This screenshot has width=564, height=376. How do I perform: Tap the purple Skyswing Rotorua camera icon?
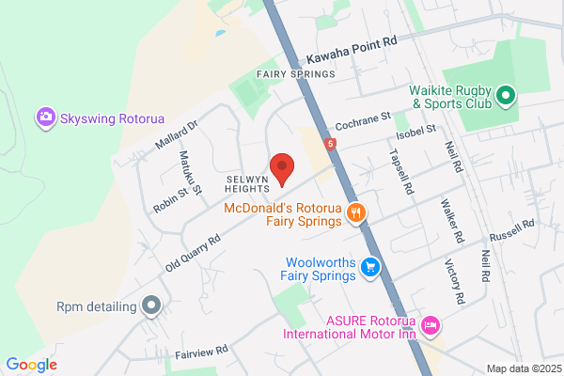pyautogui.click(x=44, y=117)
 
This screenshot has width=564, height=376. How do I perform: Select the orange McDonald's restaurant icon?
pyautogui.click(x=354, y=212)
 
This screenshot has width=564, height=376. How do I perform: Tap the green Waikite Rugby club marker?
pyautogui.click(x=506, y=95)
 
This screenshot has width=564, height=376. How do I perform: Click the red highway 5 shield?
pyautogui.click(x=330, y=145)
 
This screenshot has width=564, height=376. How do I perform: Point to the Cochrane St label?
pyautogui.click(x=363, y=120)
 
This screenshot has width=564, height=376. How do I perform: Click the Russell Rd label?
pyautogui.click(x=514, y=226)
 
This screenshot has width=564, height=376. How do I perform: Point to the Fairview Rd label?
pyautogui.click(x=202, y=352)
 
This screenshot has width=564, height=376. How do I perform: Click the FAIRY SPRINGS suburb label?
pyautogui.click(x=296, y=74)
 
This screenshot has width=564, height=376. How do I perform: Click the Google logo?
pyautogui.click(x=31, y=365)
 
